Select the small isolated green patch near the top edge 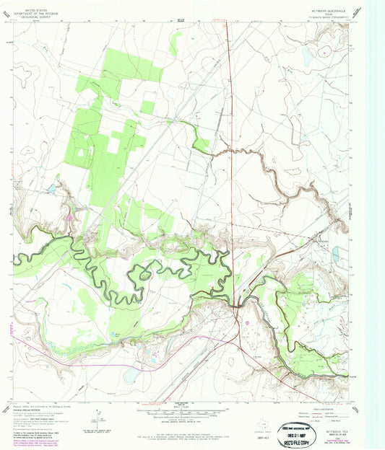click(174, 44)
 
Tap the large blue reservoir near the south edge click(131, 375)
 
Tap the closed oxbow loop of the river click(144, 273)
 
